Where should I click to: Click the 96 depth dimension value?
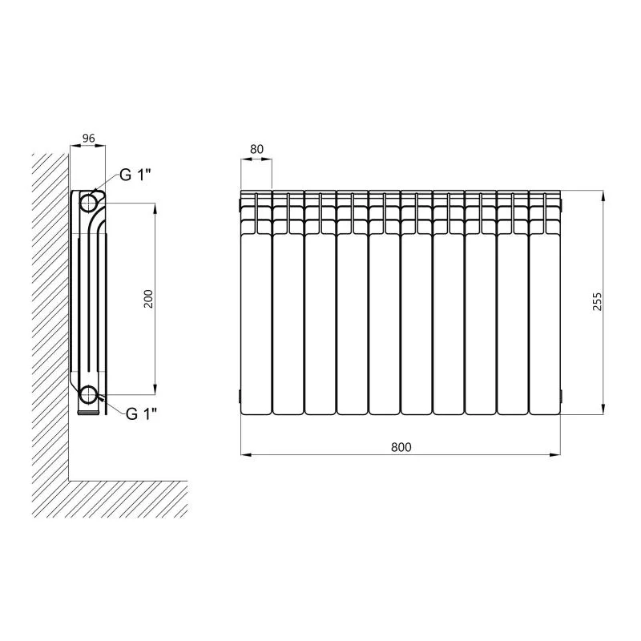[88, 138]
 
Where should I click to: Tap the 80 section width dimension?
[256, 149]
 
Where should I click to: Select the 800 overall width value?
[401, 447]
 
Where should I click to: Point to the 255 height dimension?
[597, 302]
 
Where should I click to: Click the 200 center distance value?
[149, 299]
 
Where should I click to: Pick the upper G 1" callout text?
[135, 175]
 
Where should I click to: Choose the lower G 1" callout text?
[142, 414]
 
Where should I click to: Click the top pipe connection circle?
[88, 203]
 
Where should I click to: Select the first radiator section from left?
[256, 303]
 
